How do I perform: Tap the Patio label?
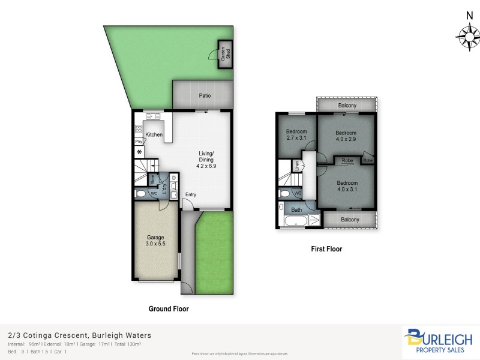[205, 95]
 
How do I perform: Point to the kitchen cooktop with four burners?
[138, 128]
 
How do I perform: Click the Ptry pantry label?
[138, 142]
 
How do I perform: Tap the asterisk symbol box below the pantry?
[139, 152]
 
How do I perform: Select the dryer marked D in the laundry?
[173, 178]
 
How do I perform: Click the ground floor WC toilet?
[140, 194]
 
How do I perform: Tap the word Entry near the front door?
[190, 194]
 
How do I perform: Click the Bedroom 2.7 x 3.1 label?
[296, 135]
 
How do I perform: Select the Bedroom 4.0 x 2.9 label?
[346, 136]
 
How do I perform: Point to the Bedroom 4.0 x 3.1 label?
[347, 186]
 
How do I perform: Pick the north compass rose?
[466, 37]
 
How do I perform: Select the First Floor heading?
[326, 248]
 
